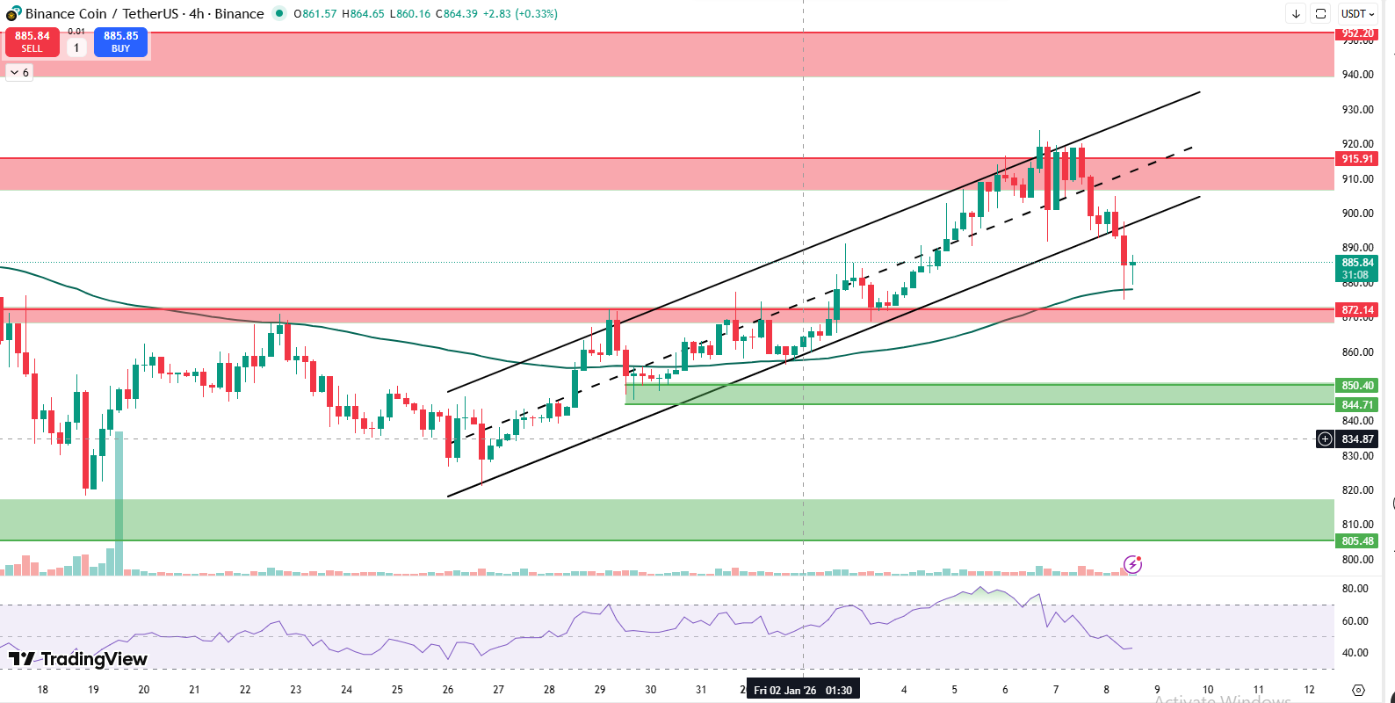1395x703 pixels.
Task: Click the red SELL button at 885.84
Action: pyautogui.click(x=33, y=42)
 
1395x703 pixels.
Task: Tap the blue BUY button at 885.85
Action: pyautogui.click(x=120, y=42)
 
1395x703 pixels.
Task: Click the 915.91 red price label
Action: pyautogui.click(x=1357, y=159)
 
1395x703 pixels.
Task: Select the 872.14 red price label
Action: pyautogui.click(x=1357, y=310)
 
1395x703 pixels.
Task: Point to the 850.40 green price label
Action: pyautogui.click(x=1357, y=386)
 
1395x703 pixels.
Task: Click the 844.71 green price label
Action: pyautogui.click(x=1357, y=405)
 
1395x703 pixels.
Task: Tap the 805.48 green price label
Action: pyautogui.click(x=1357, y=541)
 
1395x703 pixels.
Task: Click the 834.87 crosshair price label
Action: pyautogui.click(x=1357, y=439)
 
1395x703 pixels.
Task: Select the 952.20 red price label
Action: pyautogui.click(x=1357, y=33)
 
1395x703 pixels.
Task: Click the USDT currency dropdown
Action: pyautogui.click(x=1357, y=14)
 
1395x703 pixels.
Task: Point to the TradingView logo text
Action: pyautogui.click(x=78, y=659)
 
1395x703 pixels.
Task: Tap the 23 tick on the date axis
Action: pyautogui.click(x=296, y=690)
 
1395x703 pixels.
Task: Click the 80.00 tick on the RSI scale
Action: pyautogui.click(x=1355, y=589)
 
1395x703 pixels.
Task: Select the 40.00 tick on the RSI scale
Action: pyautogui.click(x=1355, y=653)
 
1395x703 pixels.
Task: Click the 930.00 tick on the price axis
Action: pyautogui.click(x=1357, y=110)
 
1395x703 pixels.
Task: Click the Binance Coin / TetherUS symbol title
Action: pyautogui.click(x=144, y=14)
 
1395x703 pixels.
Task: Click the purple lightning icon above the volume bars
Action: pyautogui.click(x=1133, y=564)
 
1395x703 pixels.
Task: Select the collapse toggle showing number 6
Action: pyautogui.click(x=19, y=72)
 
